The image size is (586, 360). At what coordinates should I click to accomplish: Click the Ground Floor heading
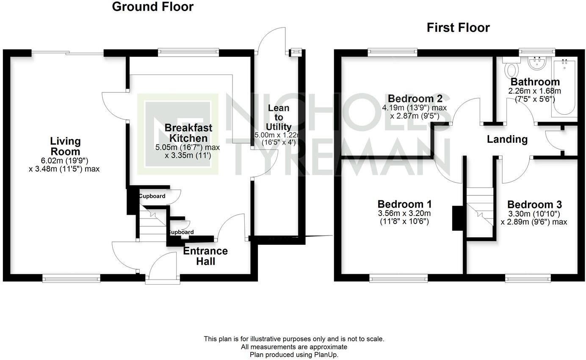coord(152,7)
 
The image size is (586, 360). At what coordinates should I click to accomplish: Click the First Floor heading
coord(458,28)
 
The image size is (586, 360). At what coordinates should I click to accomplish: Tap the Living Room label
coord(65,146)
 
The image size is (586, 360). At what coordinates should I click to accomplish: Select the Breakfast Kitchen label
coord(188,133)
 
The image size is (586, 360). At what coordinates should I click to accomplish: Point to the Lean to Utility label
coord(279,117)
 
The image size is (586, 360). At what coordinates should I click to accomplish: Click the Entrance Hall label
coord(205,256)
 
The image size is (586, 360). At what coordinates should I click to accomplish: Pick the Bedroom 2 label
coord(415,99)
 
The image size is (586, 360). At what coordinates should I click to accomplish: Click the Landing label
coord(507,139)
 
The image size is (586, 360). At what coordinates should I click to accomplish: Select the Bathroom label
coord(535,82)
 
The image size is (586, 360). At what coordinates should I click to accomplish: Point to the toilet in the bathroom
coord(512,68)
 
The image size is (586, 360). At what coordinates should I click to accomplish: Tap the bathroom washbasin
coord(537,63)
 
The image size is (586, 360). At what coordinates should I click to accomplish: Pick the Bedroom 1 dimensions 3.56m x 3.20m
coord(404,213)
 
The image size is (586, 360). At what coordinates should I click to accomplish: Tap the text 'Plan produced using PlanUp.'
coord(294,354)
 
